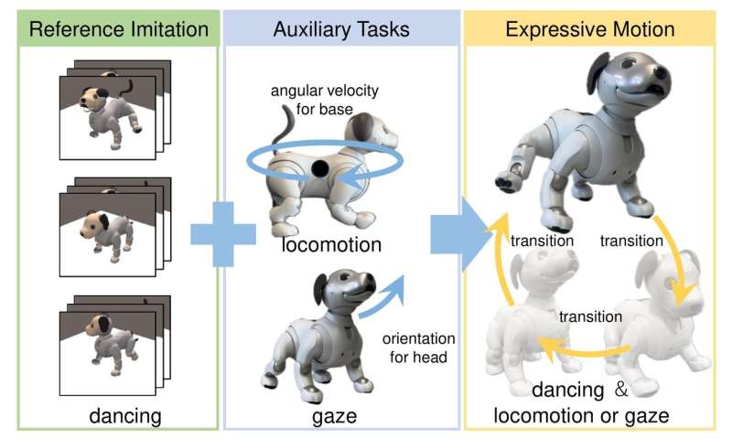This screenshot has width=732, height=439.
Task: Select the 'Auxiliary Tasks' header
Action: point(341,29)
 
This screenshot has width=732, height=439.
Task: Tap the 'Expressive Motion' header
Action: point(590,29)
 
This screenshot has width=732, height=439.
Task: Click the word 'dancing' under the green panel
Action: point(126,416)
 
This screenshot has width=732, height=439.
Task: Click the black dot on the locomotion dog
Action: point(319,168)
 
